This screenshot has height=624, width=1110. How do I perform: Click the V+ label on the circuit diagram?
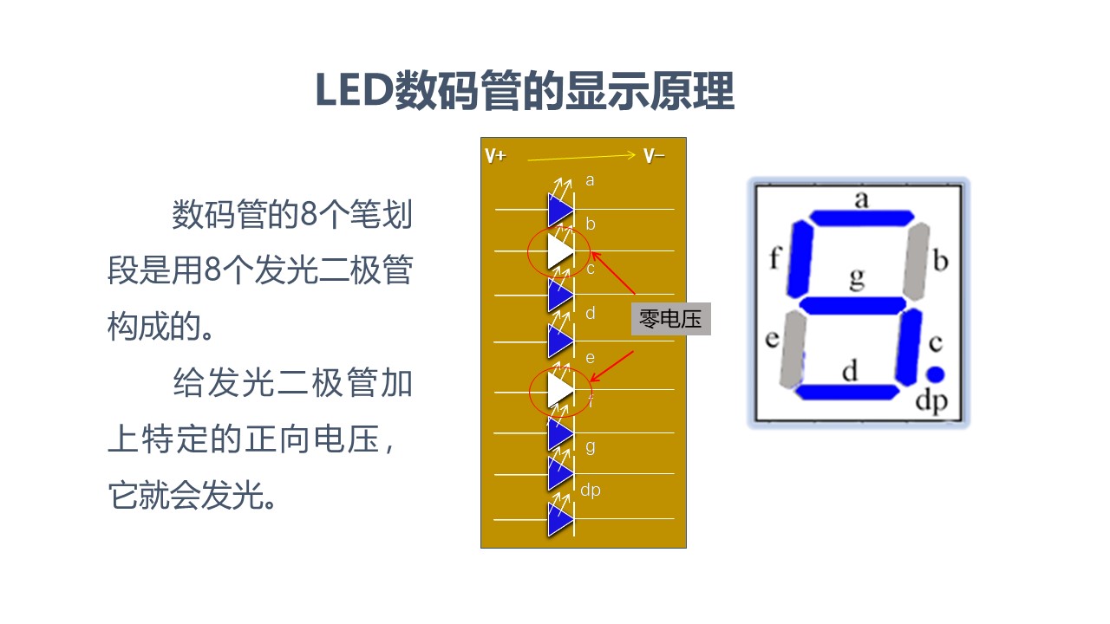point(496,156)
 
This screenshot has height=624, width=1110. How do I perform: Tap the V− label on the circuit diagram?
point(654,156)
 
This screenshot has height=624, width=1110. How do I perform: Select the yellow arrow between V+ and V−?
point(582,157)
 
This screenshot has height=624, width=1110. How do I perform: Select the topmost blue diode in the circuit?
point(560,210)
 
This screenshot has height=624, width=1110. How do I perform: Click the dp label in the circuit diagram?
point(590,491)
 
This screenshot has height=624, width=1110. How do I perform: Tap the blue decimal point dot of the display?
point(934,374)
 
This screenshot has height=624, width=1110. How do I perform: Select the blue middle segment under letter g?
point(853,306)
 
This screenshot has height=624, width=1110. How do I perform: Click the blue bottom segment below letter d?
point(847,393)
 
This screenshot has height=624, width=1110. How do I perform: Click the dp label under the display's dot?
point(931,402)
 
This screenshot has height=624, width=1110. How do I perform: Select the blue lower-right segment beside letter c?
point(910,348)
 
